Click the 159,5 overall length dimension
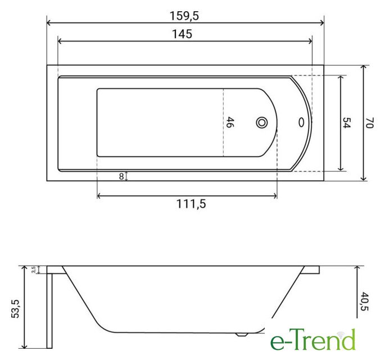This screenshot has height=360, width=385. click(184, 16)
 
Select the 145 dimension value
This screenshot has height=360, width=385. click(182, 34)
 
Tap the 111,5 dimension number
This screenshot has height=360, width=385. click(191, 204)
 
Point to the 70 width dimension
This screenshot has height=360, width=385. click(369, 123)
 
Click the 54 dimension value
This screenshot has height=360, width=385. click(346, 123)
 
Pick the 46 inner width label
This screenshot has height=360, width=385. click(230, 122)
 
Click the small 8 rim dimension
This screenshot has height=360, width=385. click(121, 176)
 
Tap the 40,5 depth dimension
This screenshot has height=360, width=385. click(365, 301)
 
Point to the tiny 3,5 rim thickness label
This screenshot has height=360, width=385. click(34, 269)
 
